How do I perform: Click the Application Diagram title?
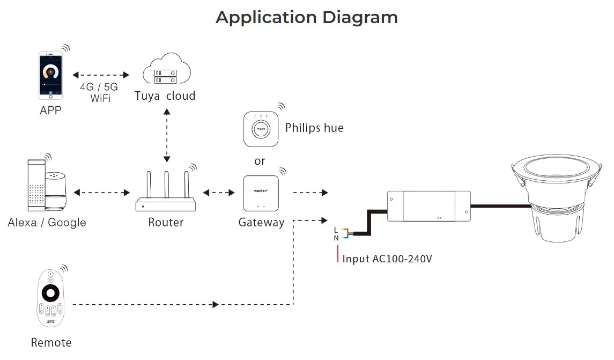tap(307, 17)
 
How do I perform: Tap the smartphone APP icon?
tap(50, 75)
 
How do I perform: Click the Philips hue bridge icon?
tap(261, 128)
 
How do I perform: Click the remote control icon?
tap(50, 299)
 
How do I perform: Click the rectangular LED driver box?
tap(429, 206)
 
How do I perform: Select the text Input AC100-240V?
tap(387, 259)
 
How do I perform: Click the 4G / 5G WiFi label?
tap(100, 92)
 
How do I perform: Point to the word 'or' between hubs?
tap(260, 161)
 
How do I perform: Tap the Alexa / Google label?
tap(47, 222)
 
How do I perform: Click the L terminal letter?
tap(336, 230)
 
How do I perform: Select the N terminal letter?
tap(336, 238)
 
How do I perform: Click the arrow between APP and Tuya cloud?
tap(101, 75)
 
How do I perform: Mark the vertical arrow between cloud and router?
tap(167, 135)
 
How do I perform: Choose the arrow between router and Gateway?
tap(219, 192)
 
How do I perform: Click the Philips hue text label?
tap(314, 128)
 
